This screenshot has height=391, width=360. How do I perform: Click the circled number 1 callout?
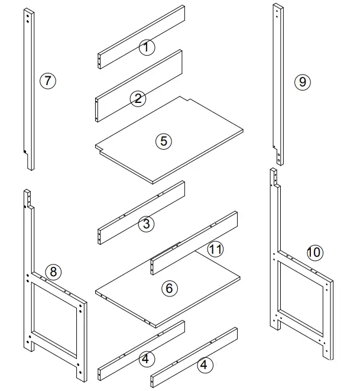click(147, 47)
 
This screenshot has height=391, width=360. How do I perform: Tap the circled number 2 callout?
click(138, 99)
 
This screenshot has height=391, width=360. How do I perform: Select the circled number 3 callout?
click(146, 224)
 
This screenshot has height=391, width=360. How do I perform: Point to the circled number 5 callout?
click(164, 141)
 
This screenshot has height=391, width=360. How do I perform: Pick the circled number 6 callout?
click(170, 288)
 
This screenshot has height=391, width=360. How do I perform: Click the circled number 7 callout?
click(48, 80)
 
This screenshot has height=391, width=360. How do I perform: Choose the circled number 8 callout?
click(53, 272)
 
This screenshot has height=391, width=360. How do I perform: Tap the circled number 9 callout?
click(303, 82)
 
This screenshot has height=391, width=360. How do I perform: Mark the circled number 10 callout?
click(314, 253)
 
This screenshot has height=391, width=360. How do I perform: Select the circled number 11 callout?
click(216, 249)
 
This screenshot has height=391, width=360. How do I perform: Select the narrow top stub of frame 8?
click(27, 198)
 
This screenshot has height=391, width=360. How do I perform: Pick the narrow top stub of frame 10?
click(274, 177)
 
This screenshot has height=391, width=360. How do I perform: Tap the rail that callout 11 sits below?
click(194, 243)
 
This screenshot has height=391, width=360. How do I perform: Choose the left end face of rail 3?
click(99, 237)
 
